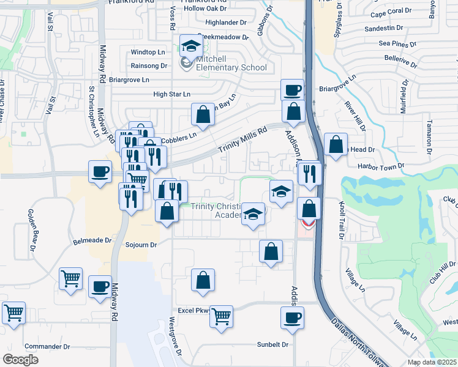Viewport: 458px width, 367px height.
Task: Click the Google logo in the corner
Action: pos(20,360)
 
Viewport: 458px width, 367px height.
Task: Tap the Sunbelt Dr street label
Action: pos(272,345)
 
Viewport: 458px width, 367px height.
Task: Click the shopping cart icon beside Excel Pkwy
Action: pos(221,317)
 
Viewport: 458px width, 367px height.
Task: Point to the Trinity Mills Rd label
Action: pos(244,141)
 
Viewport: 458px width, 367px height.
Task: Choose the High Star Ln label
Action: pos(171,94)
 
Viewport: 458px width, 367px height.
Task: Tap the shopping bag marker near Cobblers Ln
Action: pos(203,114)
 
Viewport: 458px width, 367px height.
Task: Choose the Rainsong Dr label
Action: pos(149,65)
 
